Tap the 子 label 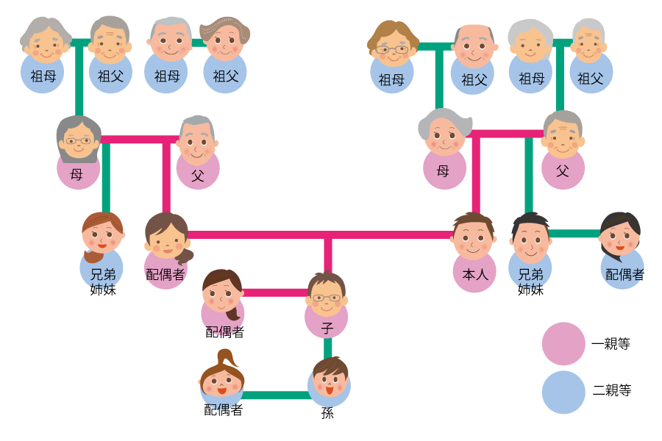327,329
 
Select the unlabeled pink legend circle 563,343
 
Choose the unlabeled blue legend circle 563,392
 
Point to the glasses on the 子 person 327,298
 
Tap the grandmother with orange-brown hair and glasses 392,46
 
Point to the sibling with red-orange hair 102,234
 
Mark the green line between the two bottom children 276,395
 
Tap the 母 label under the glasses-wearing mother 76,174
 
